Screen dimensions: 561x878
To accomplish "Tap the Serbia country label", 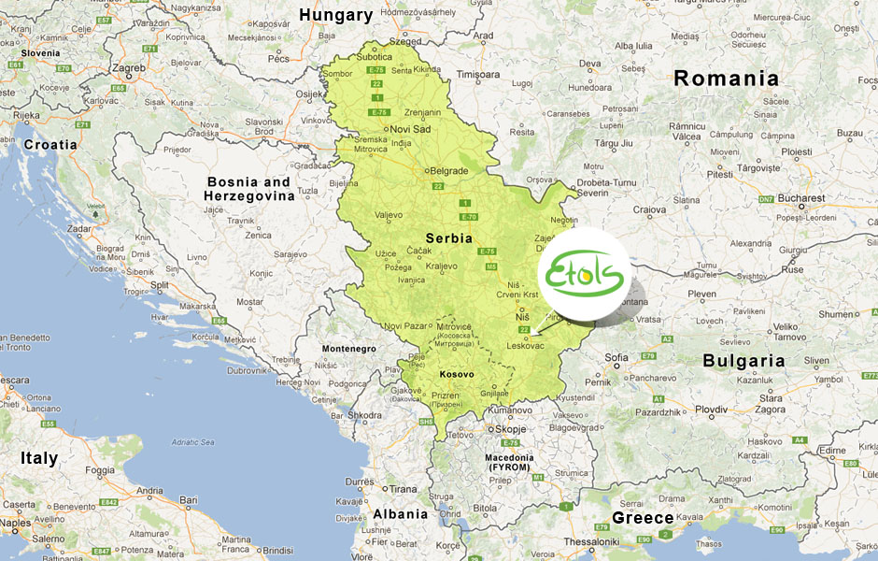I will point(449,237).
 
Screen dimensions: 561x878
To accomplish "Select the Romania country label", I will point(726,79).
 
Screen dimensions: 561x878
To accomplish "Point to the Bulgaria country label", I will point(743,360).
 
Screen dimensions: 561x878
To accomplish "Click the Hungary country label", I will point(335,15).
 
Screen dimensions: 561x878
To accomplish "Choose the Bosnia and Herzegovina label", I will point(249,188).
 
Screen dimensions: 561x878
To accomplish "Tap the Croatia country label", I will point(50,145).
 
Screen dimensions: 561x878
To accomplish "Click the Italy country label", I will point(39,458).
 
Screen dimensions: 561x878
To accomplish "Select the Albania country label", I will point(400,513).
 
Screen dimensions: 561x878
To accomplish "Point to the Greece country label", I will point(643,518).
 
